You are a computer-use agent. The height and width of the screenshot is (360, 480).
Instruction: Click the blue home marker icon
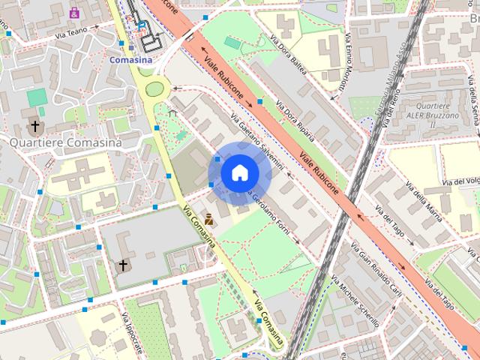pyautogui.click(x=239, y=172)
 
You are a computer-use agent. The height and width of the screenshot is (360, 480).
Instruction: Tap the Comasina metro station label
pyautogui.click(x=130, y=58)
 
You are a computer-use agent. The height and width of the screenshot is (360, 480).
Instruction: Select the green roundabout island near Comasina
pyautogui.click(x=154, y=88)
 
